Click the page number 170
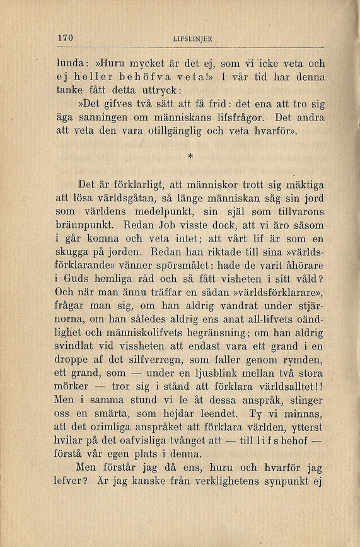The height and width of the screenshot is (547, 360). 65,38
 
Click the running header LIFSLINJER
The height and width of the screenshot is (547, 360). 192,39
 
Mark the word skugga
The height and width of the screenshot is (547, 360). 77,252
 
